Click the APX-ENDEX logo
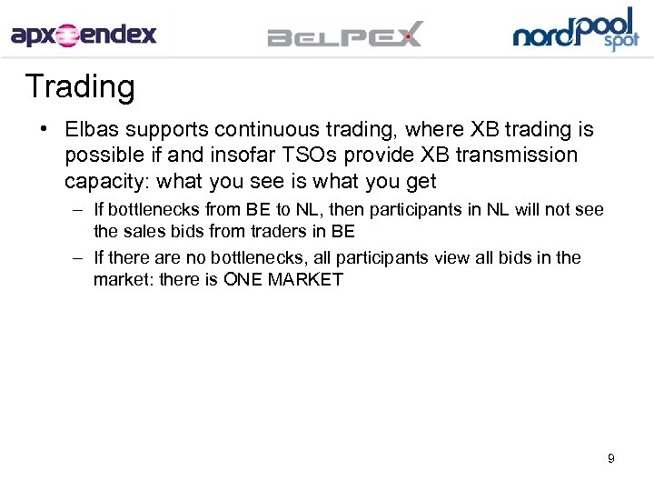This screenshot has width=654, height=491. click(84, 35)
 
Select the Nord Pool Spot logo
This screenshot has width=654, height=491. click(576, 30)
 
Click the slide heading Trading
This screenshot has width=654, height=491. click(80, 87)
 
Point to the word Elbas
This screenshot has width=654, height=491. click(90, 129)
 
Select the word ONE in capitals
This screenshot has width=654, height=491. click(243, 280)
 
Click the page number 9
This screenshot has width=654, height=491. click(611, 458)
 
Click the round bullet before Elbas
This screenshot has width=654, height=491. click(43, 129)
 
